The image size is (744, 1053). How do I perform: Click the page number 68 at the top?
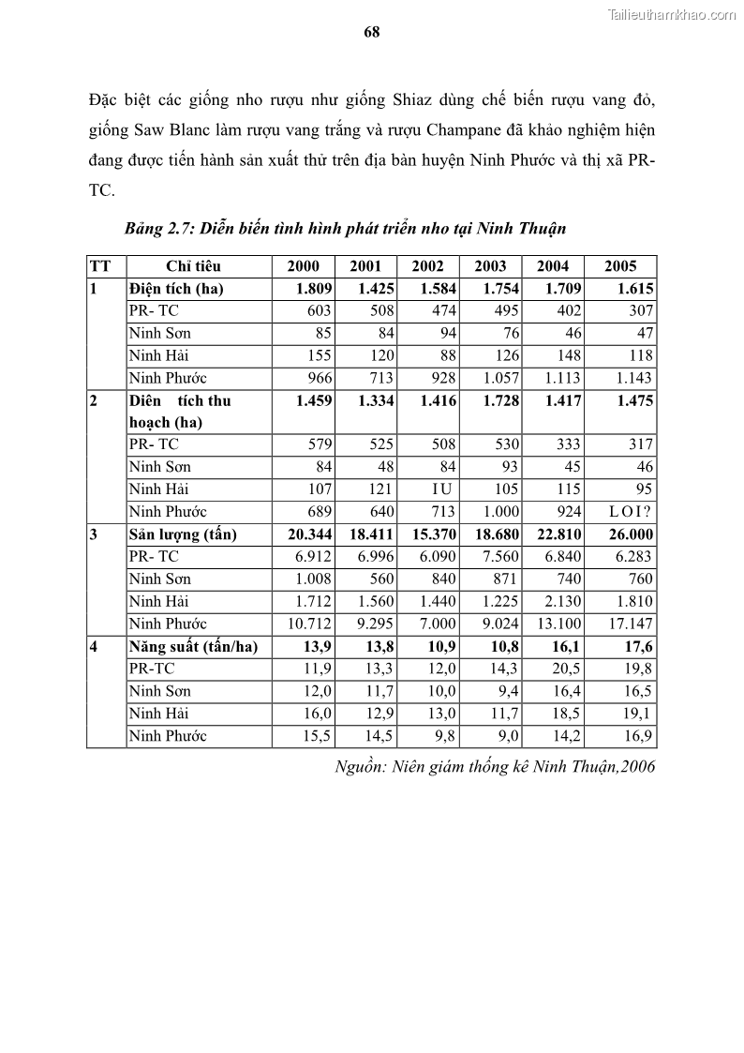371,32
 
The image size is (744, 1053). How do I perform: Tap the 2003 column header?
490,266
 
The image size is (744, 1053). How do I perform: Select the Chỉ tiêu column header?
193,266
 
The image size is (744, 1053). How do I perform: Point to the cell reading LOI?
630,512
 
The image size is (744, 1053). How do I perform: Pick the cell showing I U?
440,489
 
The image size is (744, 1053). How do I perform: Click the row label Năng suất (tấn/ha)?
193,646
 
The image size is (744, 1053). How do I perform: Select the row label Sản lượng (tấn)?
183,534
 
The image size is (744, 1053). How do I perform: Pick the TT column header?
99,266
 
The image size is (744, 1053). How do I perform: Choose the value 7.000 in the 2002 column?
438,624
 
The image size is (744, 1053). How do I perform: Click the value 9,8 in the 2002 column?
445,736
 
